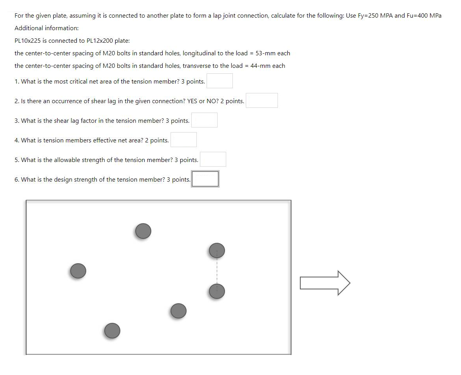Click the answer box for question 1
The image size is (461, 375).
220,81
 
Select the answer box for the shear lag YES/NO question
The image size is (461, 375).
262,101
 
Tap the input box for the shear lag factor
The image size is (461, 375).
204,120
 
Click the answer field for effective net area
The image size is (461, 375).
183,140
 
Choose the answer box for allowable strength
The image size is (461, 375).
213,160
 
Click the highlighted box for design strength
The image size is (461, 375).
205,179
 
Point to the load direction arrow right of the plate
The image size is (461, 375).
325,283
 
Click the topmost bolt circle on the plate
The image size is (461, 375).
143,231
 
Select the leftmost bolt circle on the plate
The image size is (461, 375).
78,271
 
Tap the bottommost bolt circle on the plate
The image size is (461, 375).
112,331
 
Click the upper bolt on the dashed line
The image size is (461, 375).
217,250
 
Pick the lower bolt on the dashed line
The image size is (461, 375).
217,291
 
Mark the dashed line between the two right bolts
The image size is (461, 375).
217,271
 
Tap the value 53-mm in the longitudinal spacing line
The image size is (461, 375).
265,53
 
